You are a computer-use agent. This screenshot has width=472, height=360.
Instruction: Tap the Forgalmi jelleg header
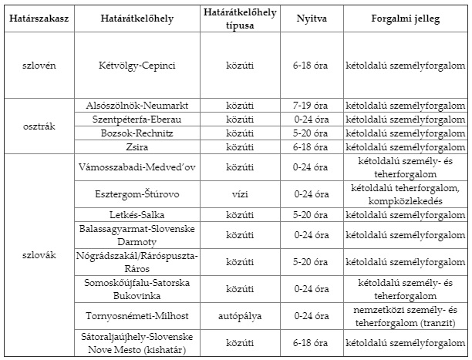pos(405,18)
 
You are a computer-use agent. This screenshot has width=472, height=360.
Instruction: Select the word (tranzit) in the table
pos(442,322)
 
